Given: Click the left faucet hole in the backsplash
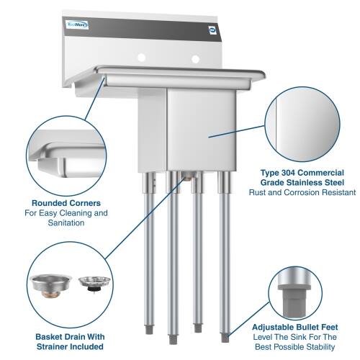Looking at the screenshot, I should tap(143, 56).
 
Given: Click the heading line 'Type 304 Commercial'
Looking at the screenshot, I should tap(302, 173).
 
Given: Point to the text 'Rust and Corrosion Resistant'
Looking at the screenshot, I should tap(302, 193).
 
